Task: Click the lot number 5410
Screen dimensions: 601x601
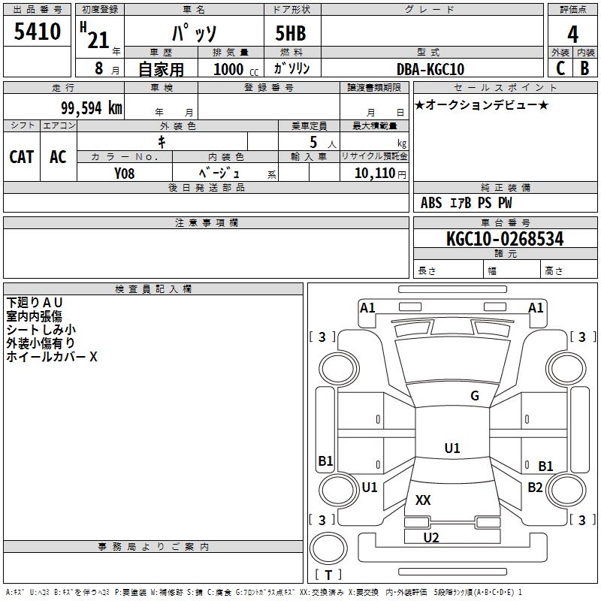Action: [x=37, y=32]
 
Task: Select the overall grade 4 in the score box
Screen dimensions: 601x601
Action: [x=572, y=35]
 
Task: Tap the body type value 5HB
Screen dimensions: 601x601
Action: [x=291, y=33]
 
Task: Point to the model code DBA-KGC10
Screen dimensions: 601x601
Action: [x=430, y=69]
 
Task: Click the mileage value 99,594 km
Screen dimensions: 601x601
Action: [x=92, y=108]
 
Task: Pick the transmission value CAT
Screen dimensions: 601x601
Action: [x=22, y=157]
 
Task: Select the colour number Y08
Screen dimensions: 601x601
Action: [x=124, y=174]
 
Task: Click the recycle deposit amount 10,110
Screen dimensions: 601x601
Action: [x=374, y=173]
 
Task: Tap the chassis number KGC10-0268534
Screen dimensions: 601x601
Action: [x=505, y=239]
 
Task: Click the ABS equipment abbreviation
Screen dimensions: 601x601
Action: [x=431, y=203]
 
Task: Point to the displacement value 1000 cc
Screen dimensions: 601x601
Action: [x=236, y=69]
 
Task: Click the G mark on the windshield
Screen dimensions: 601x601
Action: [x=475, y=396]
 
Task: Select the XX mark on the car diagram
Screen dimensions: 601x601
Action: [x=423, y=500]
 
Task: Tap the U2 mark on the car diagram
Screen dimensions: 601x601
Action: [x=431, y=537]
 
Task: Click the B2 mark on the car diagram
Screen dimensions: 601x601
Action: [x=535, y=487]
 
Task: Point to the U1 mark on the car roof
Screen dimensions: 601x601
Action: [x=452, y=448]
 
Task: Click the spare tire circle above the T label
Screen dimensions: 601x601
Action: [x=328, y=548]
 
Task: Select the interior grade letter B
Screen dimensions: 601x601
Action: [x=584, y=68]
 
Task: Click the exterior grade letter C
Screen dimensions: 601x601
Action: [x=560, y=68]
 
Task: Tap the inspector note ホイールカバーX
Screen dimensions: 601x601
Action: [x=52, y=357]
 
